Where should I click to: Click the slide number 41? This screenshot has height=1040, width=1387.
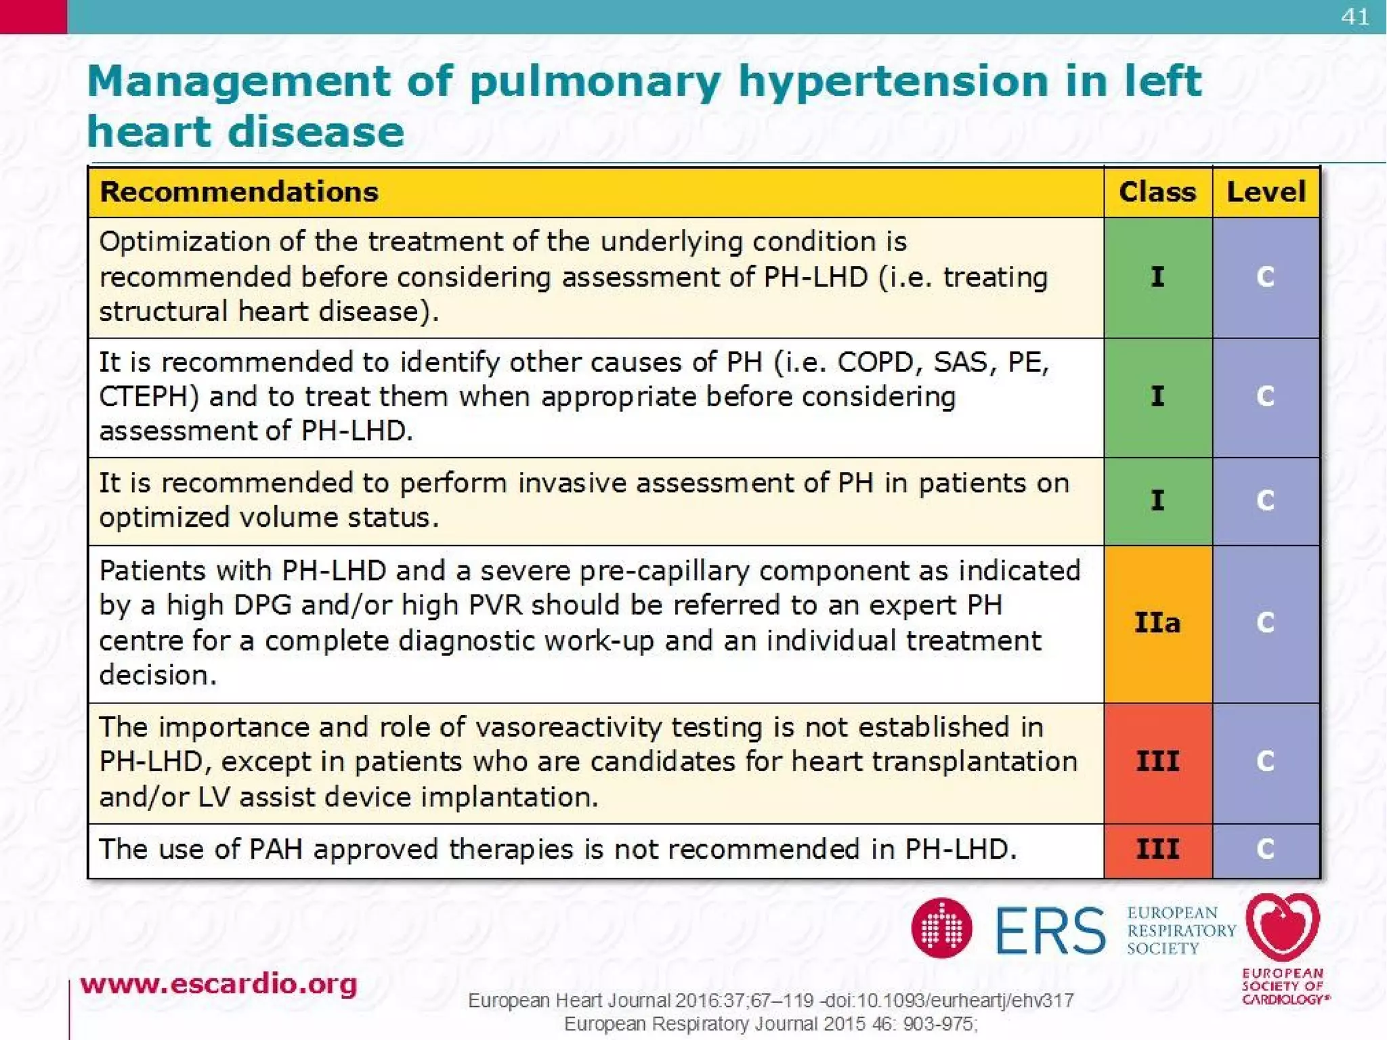[1354, 16]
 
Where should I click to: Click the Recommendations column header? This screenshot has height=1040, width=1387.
[239, 192]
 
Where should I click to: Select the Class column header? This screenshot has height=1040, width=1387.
[1157, 192]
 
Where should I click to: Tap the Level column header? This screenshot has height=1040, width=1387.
[1266, 192]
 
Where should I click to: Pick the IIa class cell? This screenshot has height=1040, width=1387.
[1157, 623]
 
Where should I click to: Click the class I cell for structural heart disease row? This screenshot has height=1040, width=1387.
[1157, 277]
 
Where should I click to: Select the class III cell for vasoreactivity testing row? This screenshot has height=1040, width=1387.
[1157, 762]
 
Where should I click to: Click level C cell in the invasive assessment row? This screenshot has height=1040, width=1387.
[1265, 500]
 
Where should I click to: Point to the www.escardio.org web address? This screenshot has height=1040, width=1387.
[218, 984]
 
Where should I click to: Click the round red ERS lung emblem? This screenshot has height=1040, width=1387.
[941, 928]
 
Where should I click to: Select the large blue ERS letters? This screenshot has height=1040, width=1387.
[1050, 930]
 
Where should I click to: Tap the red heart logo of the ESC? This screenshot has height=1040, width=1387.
[1283, 925]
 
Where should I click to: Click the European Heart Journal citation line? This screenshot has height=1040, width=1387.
[770, 1000]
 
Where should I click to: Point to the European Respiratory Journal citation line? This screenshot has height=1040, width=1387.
[770, 1024]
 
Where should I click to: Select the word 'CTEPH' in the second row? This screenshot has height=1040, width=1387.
[149, 397]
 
